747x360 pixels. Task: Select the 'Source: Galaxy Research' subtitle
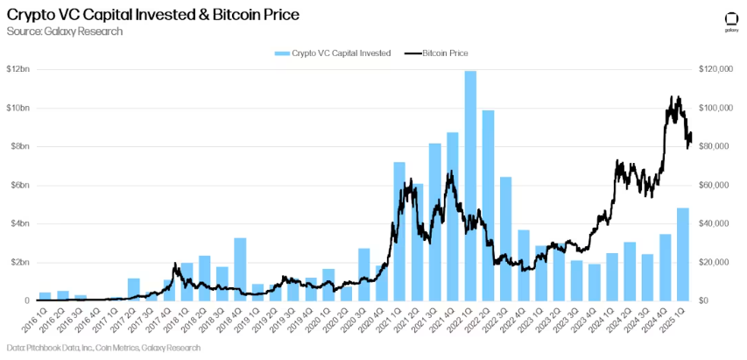pos(63,32)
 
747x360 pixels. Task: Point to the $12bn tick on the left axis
pos(18,69)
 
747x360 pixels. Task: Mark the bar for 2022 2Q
pos(488,205)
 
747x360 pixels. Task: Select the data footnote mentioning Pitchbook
pos(103,348)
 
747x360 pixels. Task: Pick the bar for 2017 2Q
pos(133,289)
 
